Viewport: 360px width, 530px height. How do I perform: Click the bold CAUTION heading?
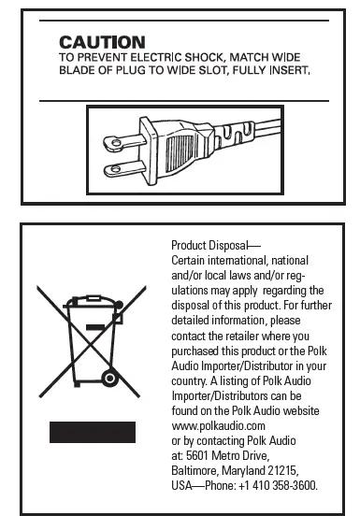click(102, 42)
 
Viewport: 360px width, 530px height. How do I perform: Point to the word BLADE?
click(78, 69)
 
